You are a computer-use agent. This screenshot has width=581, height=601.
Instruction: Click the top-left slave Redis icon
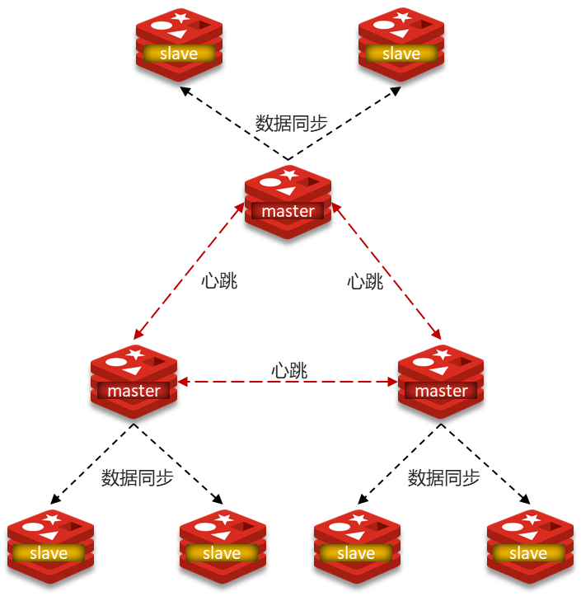(179, 45)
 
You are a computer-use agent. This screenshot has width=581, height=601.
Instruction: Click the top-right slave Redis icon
(401, 45)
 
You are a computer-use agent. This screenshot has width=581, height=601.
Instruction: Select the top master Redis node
(288, 202)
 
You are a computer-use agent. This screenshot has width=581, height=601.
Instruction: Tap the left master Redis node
(134, 382)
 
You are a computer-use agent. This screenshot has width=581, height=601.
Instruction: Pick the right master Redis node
(441, 382)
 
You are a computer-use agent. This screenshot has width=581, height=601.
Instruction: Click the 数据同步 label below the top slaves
(292, 124)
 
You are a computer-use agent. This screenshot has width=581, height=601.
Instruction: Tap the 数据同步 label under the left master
(138, 477)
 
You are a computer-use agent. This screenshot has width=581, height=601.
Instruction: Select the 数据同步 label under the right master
(444, 477)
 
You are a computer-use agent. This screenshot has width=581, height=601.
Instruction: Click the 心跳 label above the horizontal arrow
(289, 370)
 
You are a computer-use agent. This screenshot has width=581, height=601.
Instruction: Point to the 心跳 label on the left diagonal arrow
(219, 280)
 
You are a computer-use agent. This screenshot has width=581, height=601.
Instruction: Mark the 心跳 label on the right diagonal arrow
(365, 281)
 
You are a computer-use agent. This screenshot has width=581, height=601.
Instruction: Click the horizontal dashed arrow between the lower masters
(247, 382)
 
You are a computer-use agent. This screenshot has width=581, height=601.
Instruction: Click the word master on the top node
(288, 212)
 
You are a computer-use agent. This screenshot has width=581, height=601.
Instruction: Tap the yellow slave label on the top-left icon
(179, 54)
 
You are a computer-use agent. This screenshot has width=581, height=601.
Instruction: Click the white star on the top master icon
(289, 174)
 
